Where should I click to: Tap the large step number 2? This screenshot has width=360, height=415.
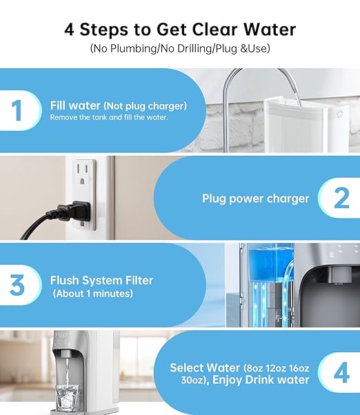pyautogui.click(x=341, y=199)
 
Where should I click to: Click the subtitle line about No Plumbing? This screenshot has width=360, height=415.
pyautogui.click(x=179, y=49)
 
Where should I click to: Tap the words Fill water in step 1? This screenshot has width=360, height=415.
pyautogui.click(x=76, y=105)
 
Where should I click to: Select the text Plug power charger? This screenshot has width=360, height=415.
pyautogui.click(x=255, y=199)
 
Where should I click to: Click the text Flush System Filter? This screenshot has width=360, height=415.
pyautogui.click(x=101, y=281)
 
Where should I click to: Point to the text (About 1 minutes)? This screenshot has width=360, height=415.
pyautogui.click(x=93, y=294)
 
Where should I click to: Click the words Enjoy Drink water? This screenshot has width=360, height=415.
pyautogui.click(x=268, y=380)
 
